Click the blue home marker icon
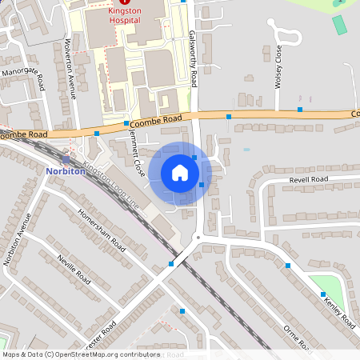coord(180,173)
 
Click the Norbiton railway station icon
coord(66,160)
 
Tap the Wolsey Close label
coord(278,66)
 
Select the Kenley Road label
coord(338,311)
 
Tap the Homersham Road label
coord(102,230)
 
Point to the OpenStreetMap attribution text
coord(81,354)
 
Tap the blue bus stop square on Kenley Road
coord(324,294)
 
